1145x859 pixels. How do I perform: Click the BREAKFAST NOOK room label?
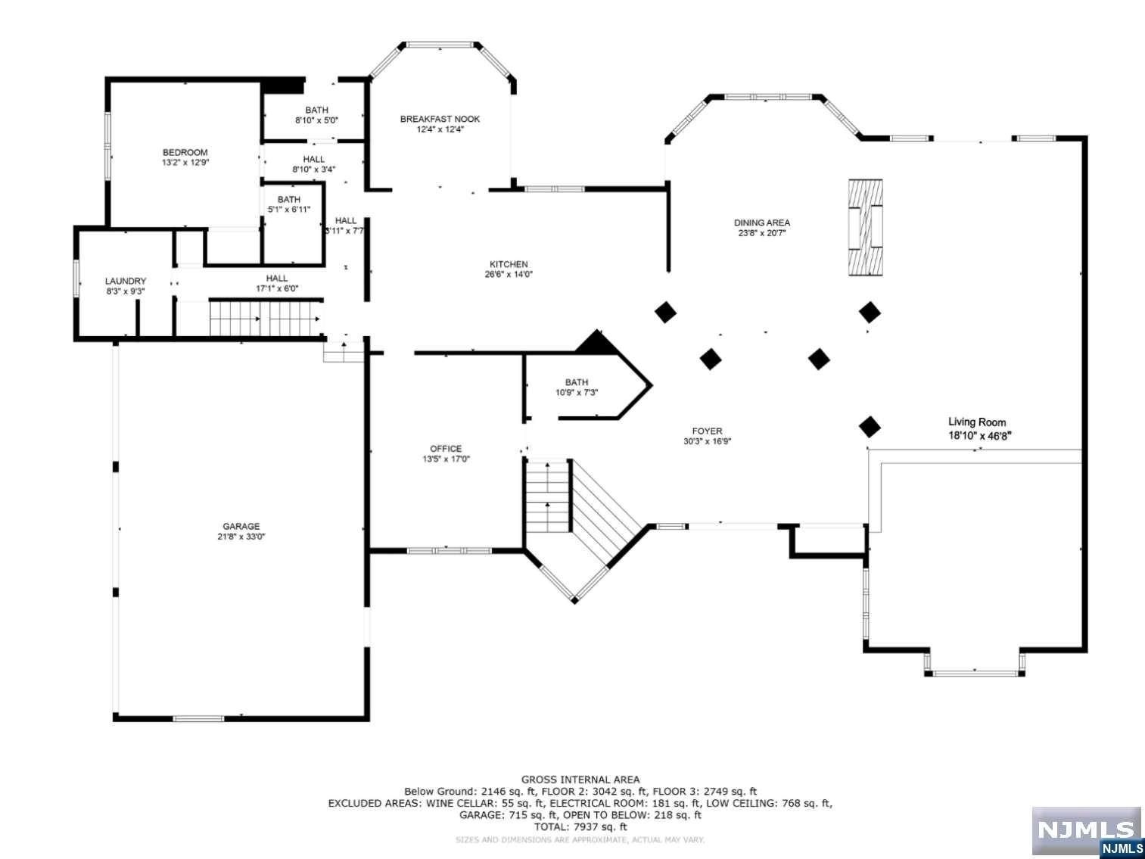pos(440,119)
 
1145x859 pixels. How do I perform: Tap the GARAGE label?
pos(241,526)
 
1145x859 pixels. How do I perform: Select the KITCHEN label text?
pos(509,264)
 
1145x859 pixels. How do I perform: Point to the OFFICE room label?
pos(446,449)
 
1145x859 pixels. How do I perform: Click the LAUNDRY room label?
pos(126,281)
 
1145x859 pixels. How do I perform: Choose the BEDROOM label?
pos(185,152)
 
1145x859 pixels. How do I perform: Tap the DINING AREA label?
pos(762,223)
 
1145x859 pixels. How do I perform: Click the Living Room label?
pos(977,422)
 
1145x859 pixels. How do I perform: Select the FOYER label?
pos(708,431)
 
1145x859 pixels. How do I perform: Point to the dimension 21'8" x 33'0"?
pos(241,536)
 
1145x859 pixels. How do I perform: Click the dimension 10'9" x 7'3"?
pos(577,392)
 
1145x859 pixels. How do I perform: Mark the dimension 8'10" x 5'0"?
pos(316,120)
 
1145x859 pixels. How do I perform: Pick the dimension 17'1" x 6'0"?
pos(277,288)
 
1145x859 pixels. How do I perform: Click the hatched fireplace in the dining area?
pos(866,227)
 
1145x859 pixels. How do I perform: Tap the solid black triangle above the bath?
pos(596,343)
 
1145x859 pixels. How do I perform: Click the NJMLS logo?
pos(1087,831)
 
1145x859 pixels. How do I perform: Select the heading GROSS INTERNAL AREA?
pos(580,780)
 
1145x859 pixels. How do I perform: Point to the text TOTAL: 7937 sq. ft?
pos(580,826)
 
